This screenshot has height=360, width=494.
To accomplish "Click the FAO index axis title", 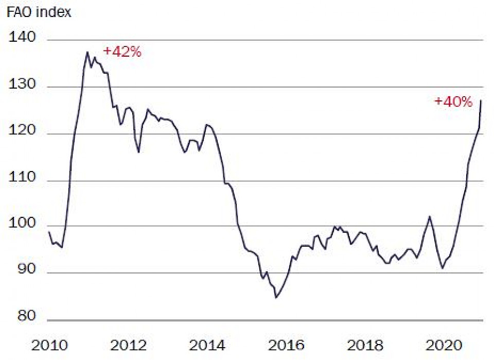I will coord(39,13).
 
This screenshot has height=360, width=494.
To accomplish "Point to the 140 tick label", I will coord(23,38).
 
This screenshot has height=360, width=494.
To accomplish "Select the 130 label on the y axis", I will coord(23,85).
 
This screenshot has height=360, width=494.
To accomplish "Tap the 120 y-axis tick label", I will coord(23,133).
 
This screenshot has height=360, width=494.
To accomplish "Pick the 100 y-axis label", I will coord(23,225).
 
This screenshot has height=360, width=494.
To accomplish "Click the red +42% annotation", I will coord(122,52).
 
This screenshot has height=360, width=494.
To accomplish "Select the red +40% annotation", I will coord(453,101).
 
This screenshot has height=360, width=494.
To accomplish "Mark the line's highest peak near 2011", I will coord(87,52).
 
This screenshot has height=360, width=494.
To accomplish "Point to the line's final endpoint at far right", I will coord(481,100).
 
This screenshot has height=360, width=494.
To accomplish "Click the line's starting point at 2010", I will coord(48,232).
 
